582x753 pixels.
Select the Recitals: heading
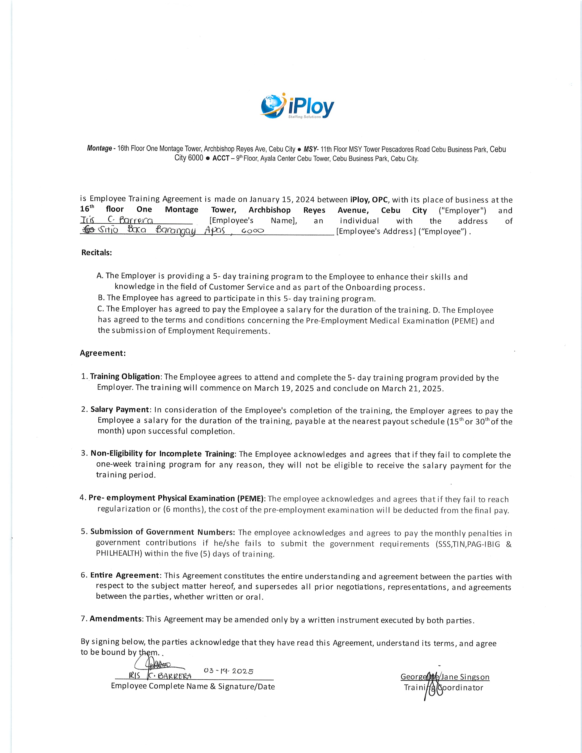pyautogui.click(x=97, y=252)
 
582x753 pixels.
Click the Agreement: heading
pyautogui.click(x=103, y=353)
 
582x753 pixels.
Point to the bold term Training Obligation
pyautogui.click(x=125, y=376)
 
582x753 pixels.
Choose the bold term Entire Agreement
pyautogui.click(x=125, y=575)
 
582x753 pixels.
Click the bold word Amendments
pyautogui.click(x=116, y=619)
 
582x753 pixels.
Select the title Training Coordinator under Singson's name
pyautogui.click(x=443, y=688)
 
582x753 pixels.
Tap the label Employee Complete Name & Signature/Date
pyautogui.click(x=193, y=686)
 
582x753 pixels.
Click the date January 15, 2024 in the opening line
pyautogui.click(x=282, y=199)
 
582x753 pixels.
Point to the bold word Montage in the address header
pyautogui.click(x=99, y=149)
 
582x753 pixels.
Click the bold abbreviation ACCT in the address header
pyautogui.click(x=221, y=159)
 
